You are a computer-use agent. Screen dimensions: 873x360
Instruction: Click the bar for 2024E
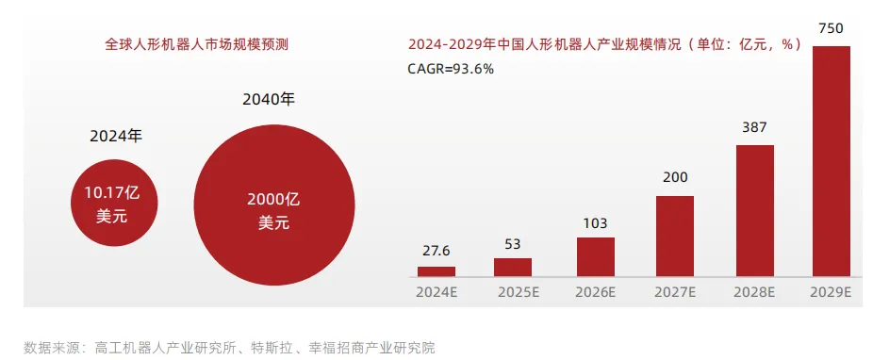pyautogui.click(x=436, y=271)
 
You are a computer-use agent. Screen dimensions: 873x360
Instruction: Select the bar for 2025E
pyautogui.click(x=512, y=267)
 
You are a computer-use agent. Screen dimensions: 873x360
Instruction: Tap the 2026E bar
pyautogui.click(x=595, y=257)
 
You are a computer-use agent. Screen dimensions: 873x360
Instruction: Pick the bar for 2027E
pyautogui.click(x=675, y=236)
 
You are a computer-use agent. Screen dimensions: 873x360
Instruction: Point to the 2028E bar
pyautogui.click(x=755, y=211)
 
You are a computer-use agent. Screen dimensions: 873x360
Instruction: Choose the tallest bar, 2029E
pyautogui.click(x=832, y=161)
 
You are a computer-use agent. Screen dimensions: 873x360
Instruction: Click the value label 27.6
pyautogui.click(x=436, y=251)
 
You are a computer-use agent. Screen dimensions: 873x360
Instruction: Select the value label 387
pyautogui.click(x=755, y=127)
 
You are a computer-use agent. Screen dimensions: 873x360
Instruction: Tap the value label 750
pyautogui.click(x=832, y=28)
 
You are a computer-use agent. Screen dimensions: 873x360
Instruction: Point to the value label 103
pyautogui.click(x=595, y=223)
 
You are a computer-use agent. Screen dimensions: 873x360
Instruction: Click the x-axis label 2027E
pyautogui.click(x=675, y=293)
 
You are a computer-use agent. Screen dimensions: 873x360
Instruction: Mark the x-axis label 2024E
pyautogui.click(x=436, y=293)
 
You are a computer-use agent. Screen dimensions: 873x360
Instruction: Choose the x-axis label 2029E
pyautogui.click(x=832, y=293)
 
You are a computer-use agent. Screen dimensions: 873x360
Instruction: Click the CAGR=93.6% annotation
pyautogui.click(x=451, y=69)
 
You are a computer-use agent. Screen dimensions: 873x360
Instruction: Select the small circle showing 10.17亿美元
pyautogui.click(x=114, y=204)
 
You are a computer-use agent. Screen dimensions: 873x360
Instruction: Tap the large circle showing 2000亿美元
pyautogui.click(x=274, y=205)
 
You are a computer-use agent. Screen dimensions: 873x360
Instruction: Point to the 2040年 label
pyautogui.click(x=269, y=100)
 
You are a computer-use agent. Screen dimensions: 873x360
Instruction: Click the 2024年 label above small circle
pyautogui.click(x=116, y=137)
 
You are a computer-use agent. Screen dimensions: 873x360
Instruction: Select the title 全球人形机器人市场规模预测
pyautogui.click(x=196, y=44)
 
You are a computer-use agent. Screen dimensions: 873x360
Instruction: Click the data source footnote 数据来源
pyautogui.click(x=229, y=349)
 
